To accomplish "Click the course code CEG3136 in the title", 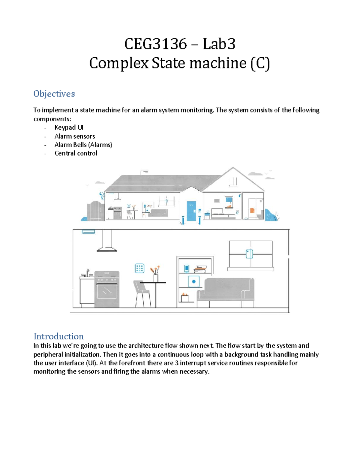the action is tap(155, 44).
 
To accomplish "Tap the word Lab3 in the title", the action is tap(219, 44).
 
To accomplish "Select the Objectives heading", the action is tap(54, 94).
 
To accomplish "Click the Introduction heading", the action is tap(58, 336).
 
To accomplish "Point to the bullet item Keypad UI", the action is tap(69, 127).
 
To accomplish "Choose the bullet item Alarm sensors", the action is tap(75, 136).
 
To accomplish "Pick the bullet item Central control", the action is tap(76, 153).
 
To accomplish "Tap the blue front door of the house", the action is tap(191, 211).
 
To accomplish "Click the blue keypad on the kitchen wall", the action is tap(139, 268).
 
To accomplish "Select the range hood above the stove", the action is tap(107, 242).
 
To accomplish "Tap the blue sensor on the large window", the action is tap(249, 254).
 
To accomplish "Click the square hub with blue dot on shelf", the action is tap(194, 281).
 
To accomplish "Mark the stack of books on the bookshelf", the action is tap(200, 269).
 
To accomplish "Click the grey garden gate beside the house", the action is tap(95, 211).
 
